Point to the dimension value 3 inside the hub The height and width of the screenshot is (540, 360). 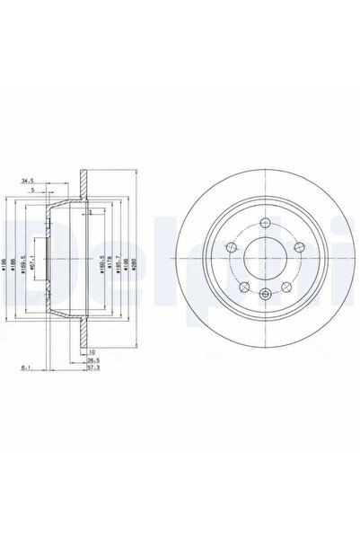point(91,211)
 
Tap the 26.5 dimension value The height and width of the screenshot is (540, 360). point(92,359)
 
